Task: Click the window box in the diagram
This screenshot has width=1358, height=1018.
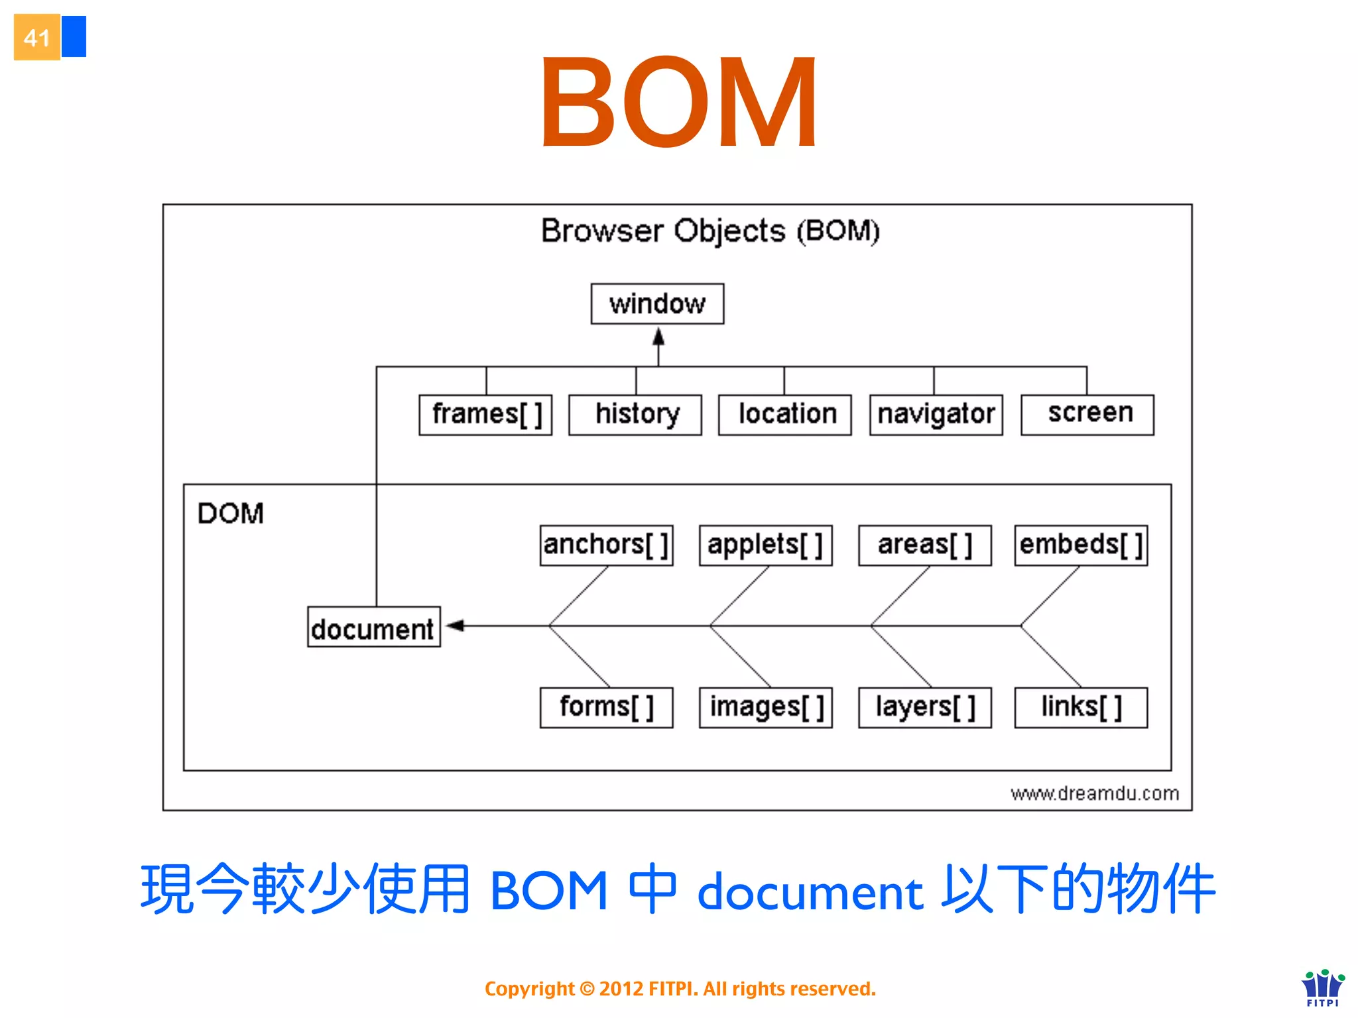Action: [657, 304]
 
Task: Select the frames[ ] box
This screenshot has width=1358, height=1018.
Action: [485, 415]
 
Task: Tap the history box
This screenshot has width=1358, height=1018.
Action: [635, 415]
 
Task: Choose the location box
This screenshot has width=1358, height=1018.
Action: [785, 415]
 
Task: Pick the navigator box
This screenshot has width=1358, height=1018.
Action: [936, 415]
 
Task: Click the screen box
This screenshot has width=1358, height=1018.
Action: [1087, 415]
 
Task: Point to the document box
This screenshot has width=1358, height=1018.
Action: [374, 627]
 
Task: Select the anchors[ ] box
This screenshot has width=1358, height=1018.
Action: [606, 545]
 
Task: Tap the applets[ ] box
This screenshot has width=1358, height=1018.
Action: [766, 545]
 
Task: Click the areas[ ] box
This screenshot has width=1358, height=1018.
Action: [925, 545]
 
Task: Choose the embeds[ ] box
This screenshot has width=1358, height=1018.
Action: [1081, 545]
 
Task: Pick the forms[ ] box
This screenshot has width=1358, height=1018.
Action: [606, 707]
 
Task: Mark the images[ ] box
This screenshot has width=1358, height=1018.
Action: [766, 707]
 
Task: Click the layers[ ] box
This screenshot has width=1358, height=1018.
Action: [925, 707]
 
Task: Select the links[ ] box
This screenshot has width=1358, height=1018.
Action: [1081, 707]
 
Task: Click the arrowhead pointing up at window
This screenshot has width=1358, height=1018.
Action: [658, 337]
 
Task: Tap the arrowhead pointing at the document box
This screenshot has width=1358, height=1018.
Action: [456, 625]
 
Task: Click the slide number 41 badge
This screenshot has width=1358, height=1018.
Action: [37, 38]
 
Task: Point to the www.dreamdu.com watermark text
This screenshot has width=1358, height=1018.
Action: [1095, 793]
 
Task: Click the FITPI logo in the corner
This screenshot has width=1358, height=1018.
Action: [1323, 988]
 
